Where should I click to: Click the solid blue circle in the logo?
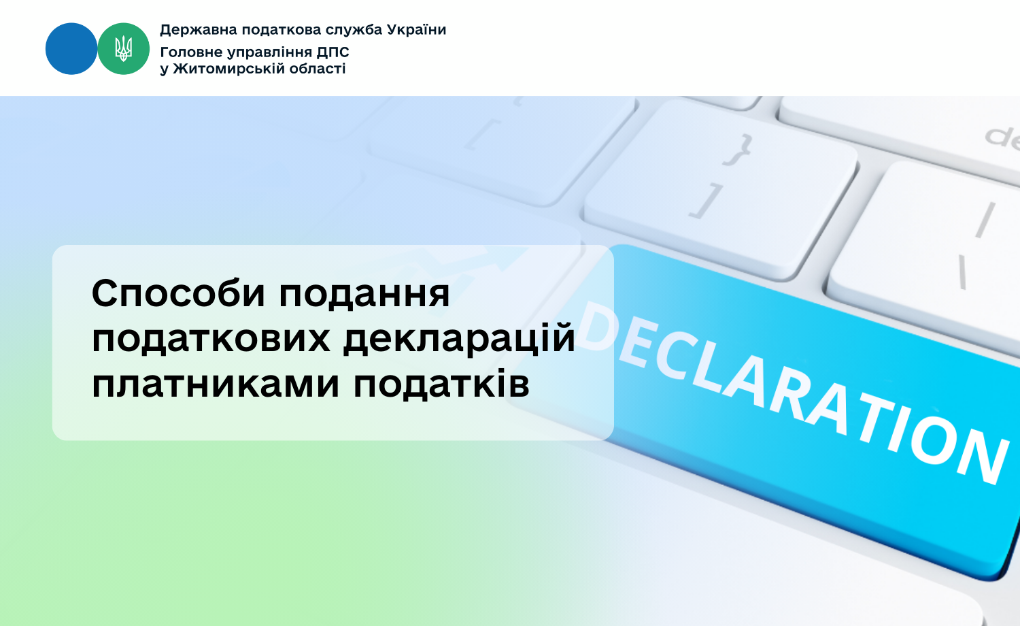click(71, 49)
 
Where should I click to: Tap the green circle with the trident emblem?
click(123, 49)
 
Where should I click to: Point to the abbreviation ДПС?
click(333, 52)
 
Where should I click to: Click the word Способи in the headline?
click(178, 293)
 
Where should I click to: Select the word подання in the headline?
click(364, 295)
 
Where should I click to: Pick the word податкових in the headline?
click(211, 340)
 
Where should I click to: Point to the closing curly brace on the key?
click(737, 150)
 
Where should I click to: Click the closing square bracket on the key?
click(707, 201)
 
